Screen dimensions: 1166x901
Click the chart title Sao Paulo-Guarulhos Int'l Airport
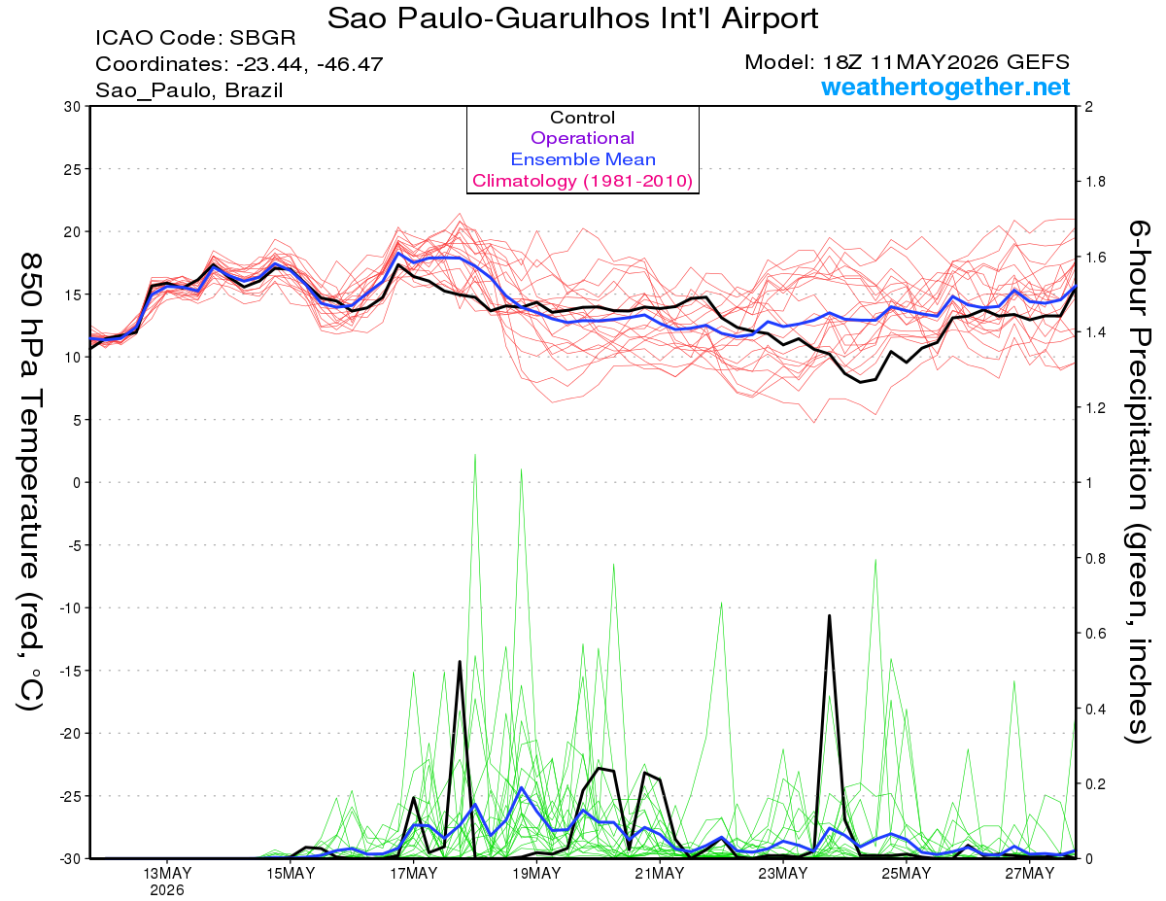pyautogui.click(x=572, y=18)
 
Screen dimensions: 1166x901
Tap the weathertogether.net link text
pyautogui.click(x=945, y=87)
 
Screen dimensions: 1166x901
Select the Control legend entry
pyautogui.click(x=582, y=118)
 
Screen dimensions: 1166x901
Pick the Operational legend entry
pyautogui.click(x=582, y=138)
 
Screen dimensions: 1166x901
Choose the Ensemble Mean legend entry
pyautogui.click(x=583, y=159)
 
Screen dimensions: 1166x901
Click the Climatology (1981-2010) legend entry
pyautogui.click(x=582, y=181)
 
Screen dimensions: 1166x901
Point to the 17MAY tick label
pyautogui.click(x=413, y=874)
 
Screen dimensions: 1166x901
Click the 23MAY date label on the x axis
pyautogui.click(x=782, y=874)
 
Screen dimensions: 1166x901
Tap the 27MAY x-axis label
pyautogui.click(x=1029, y=874)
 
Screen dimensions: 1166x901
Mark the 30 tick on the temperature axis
pyautogui.click(x=73, y=107)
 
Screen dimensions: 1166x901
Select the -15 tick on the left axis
pyautogui.click(x=69, y=671)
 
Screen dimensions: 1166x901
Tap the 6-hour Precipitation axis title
pyautogui.click(x=1139, y=481)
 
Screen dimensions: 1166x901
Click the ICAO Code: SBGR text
pyautogui.click(x=195, y=38)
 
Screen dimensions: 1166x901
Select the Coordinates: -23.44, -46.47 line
pyautogui.click(x=239, y=64)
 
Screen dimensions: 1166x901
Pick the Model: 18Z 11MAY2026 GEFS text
pyautogui.click(x=907, y=62)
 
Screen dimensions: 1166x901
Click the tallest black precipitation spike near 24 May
pyautogui.click(x=829, y=615)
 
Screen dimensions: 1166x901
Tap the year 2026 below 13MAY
pyautogui.click(x=167, y=890)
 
